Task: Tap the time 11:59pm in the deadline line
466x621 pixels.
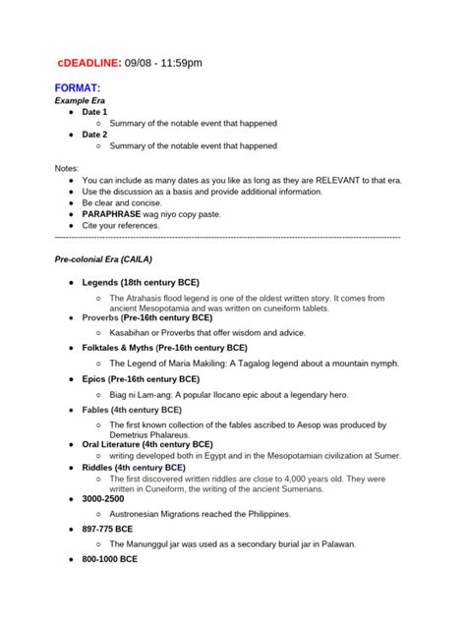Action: pyautogui.click(x=180, y=63)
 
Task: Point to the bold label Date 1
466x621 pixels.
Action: pyautogui.click(x=95, y=112)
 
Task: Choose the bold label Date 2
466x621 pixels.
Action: pyautogui.click(x=95, y=135)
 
